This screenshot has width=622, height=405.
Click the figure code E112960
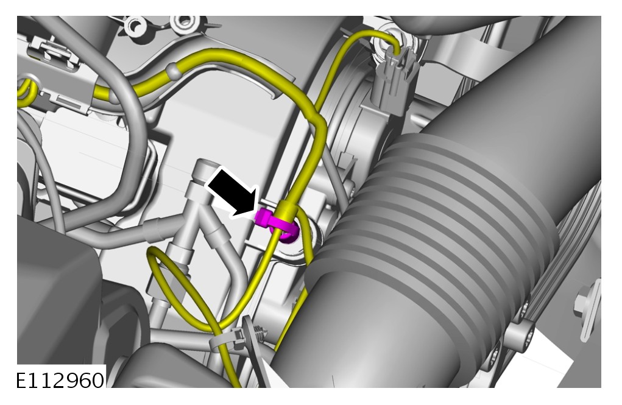60,381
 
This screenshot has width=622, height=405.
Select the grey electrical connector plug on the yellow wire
394,83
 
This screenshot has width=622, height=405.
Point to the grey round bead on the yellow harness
173,71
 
